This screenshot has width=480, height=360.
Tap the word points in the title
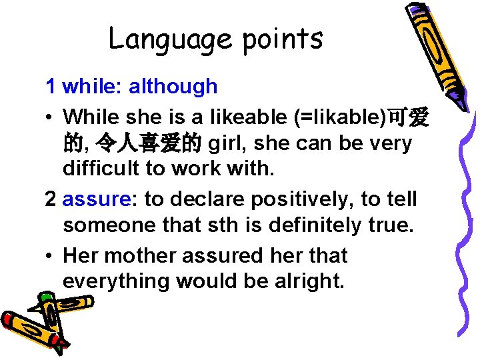pyautogui.click(x=283, y=39)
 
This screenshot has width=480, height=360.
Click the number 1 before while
pyautogui.click(x=51, y=86)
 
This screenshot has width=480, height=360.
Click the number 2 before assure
pyautogui.click(x=51, y=199)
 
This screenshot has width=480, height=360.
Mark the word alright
pyautogui.click(x=309, y=281)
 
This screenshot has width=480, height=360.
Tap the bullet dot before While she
pyautogui.click(x=50, y=117)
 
